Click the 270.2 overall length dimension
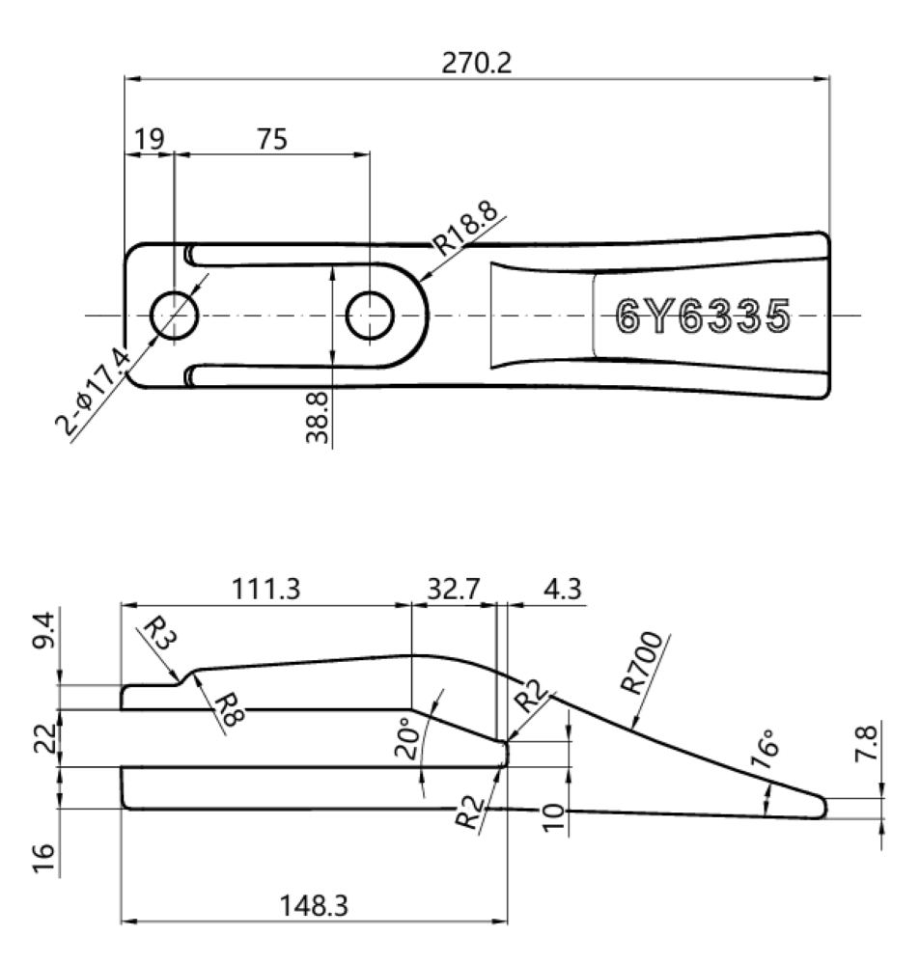(x=477, y=64)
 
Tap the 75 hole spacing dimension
(x=272, y=138)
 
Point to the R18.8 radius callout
(x=470, y=229)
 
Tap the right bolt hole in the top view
(x=370, y=315)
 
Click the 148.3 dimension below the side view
(x=314, y=906)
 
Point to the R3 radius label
(x=157, y=636)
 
